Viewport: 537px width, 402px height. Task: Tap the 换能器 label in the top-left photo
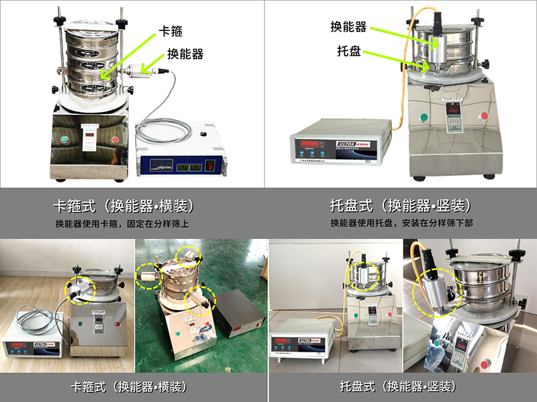coord(185,53)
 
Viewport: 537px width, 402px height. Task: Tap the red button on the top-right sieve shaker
coord(485,115)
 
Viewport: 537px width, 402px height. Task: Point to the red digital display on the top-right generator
coord(311,143)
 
